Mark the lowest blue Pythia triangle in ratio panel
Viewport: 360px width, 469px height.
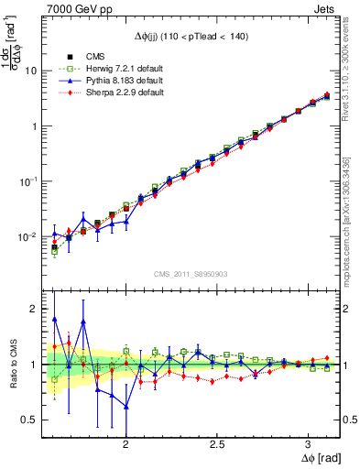click(125, 406)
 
